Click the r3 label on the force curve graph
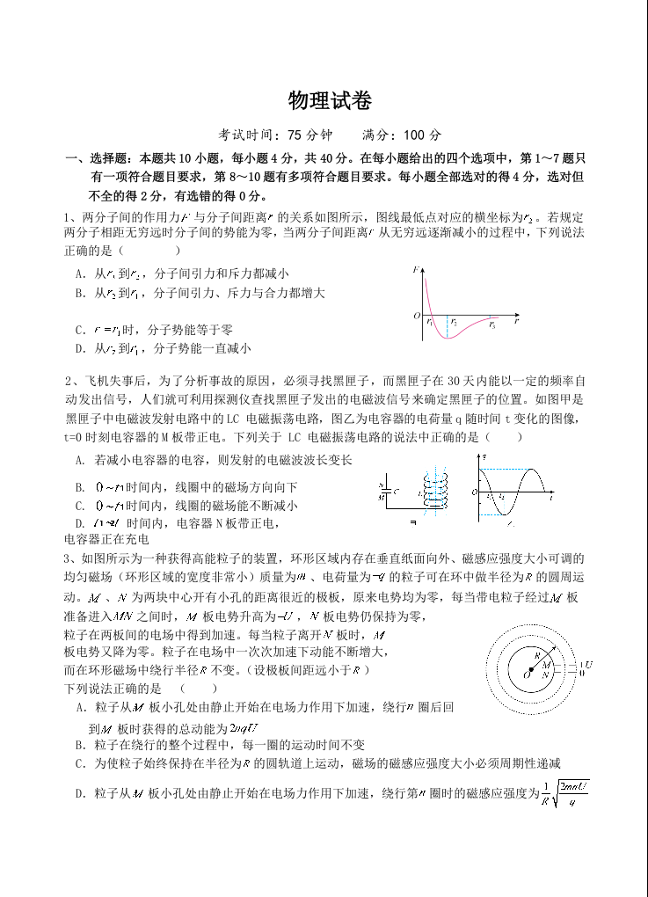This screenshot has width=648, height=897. (x=491, y=325)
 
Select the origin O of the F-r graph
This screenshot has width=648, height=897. (x=417, y=315)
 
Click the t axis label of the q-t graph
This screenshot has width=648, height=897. (x=551, y=497)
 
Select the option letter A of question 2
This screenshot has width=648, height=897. (x=81, y=460)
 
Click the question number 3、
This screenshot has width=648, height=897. (x=69, y=558)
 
